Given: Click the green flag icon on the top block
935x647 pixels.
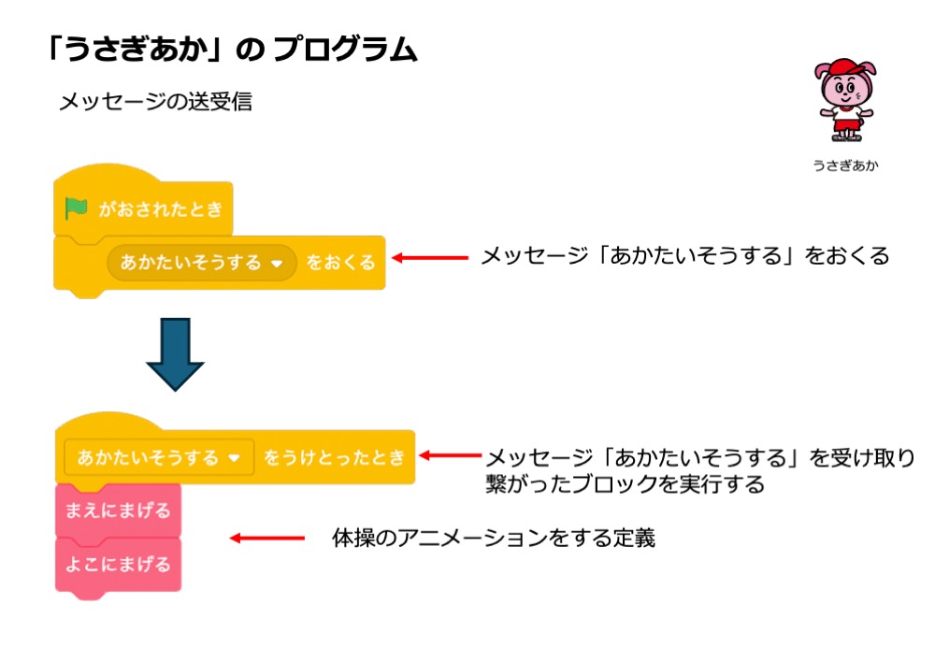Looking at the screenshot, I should pyautogui.click(x=77, y=208).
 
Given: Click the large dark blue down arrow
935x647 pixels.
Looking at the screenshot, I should pyautogui.click(x=175, y=352).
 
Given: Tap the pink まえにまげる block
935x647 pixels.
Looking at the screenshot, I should pyautogui.click(x=118, y=511).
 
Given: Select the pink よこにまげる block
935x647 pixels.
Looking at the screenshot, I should pyautogui.click(x=118, y=564).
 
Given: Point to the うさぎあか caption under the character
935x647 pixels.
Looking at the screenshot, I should pyautogui.click(x=845, y=166).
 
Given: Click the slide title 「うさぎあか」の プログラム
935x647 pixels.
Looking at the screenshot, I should pyautogui.click(x=231, y=50).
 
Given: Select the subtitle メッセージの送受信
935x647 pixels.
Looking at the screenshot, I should pyautogui.click(x=155, y=101).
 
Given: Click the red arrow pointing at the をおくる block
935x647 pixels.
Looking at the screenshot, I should pyautogui.click(x=429, y=256).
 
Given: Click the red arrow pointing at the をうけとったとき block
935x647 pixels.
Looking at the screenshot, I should pyautogui.click(x=451, y=456).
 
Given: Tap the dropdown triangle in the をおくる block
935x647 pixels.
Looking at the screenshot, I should pyautogui.click(x=276, y=264).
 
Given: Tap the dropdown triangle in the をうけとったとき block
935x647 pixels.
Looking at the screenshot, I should pyautogui.click(x=235, y=459).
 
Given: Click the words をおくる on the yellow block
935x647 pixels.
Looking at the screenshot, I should pyautogui.click(x=340, y=263).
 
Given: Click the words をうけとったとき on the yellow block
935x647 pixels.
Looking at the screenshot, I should pyautogui.click(x=334, y=458).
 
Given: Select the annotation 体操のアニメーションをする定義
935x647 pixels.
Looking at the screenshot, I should pyautogui.click(x=494, y=538).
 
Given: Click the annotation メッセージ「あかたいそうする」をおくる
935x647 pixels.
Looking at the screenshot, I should pyautogui.click(x=684, y=255).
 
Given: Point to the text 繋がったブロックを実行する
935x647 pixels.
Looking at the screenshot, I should pyautogui.click(x=625, y=484).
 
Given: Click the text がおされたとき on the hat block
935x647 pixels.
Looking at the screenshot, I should pyautogui.click(x=161, y=208).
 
